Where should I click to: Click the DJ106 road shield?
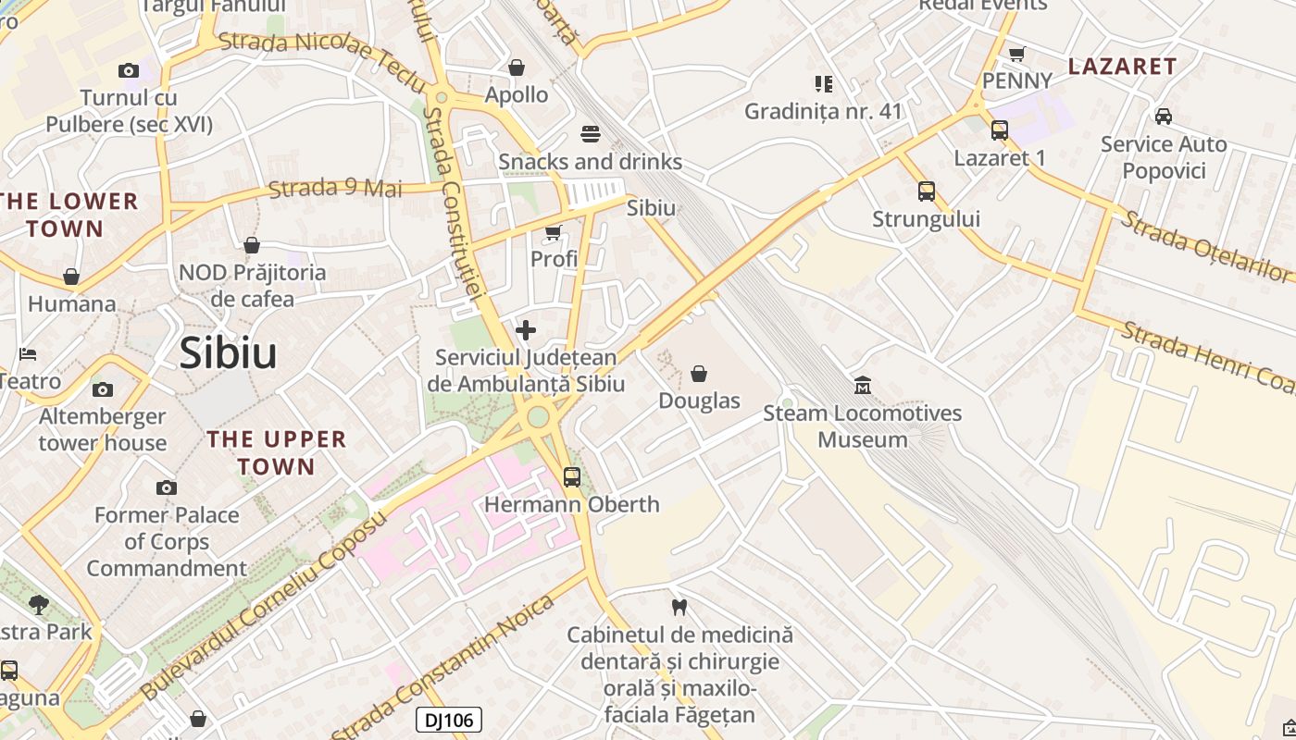449,720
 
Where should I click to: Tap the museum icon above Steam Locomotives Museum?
863,385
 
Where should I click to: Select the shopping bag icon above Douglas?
699,374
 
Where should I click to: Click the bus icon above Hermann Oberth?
572,477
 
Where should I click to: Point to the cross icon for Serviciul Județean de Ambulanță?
526,330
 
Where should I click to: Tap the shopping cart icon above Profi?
554,232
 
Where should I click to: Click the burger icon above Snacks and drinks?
591,134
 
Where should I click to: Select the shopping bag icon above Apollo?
517,68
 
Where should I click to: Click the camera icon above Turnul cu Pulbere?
129,70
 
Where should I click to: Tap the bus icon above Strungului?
927,191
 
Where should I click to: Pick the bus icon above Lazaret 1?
1000,130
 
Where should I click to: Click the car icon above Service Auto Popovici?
1164,117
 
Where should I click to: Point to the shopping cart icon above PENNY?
1017,54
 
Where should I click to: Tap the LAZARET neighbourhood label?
1122,66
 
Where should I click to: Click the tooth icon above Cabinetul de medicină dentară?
679,608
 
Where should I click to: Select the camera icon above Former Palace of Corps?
167,487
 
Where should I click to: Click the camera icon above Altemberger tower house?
103,389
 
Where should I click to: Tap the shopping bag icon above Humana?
71,277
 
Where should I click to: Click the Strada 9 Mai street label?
335,188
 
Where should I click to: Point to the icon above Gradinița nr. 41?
824,84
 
